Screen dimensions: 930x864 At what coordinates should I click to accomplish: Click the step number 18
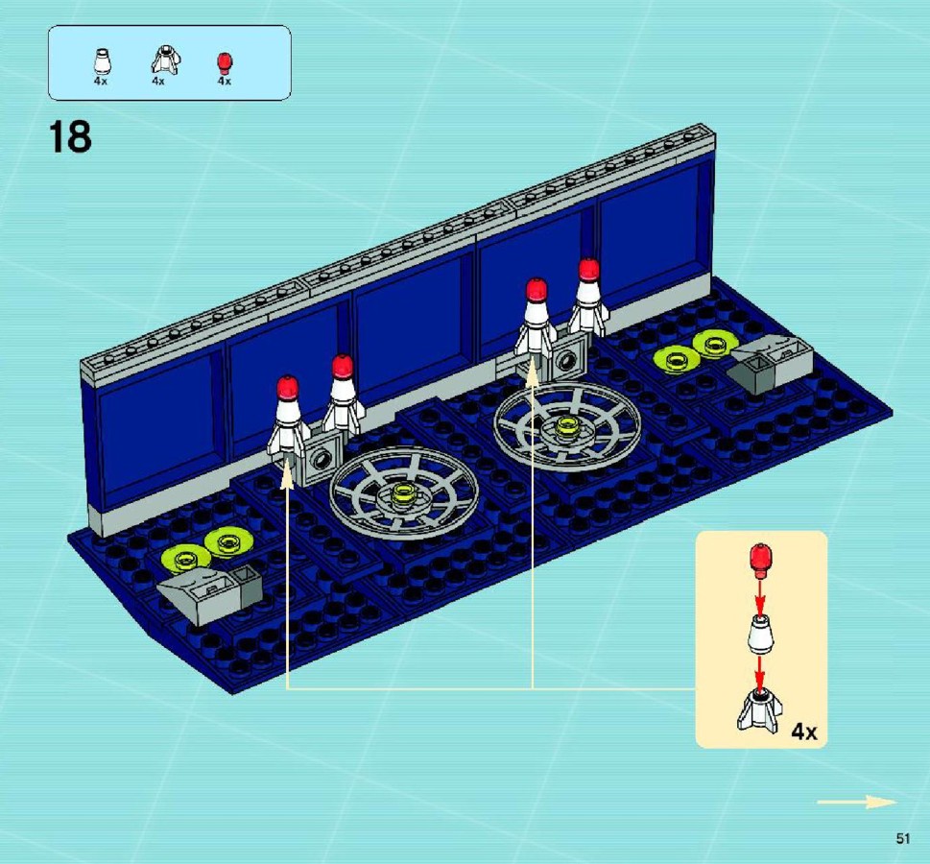coord(70,136)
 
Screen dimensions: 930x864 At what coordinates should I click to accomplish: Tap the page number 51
coord(903,838)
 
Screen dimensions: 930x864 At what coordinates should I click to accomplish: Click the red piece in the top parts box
coord(225,63)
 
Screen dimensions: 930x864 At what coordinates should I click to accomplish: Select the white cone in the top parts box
coord(102,61)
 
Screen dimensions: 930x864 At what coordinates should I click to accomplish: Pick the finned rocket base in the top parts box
coord(165,60)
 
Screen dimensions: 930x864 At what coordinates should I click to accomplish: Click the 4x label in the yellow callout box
coord(803,732)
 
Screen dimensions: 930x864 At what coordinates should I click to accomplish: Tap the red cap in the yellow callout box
coord(761,560)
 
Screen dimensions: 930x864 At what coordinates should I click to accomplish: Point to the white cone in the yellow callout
coord(760,634)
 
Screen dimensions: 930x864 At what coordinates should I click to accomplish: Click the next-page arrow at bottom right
coord(856,803)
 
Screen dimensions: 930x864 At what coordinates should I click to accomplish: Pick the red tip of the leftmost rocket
coord(288,388)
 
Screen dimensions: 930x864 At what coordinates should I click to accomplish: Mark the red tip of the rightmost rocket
coord(588,270)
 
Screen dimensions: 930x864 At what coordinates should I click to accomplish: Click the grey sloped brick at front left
coord(209,594)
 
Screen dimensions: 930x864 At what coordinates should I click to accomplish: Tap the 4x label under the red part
coord(225,82)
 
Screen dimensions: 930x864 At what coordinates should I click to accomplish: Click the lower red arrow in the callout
coord(760,671)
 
